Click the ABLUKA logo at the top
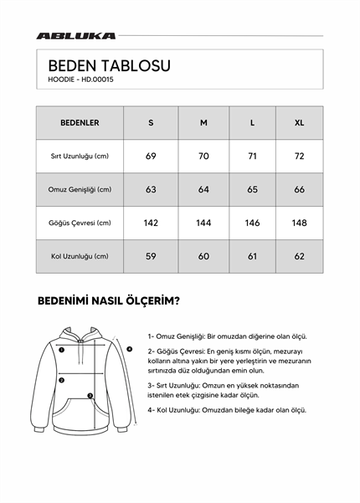click(76, 36)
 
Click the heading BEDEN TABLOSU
click(109, 65)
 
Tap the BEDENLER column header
click(80, 123)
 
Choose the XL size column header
click(300, 123)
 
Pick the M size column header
click(203, 123)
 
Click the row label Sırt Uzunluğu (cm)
click(80, 157)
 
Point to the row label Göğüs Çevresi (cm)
click(80, 223)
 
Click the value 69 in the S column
click(151, 157)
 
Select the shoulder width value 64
click(203, 190)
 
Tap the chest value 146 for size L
click(253, 223)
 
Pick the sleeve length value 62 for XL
click(300, 256)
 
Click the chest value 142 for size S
click(151, 223)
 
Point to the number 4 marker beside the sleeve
click(130, 348)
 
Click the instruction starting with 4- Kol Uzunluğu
click(227, 410)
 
